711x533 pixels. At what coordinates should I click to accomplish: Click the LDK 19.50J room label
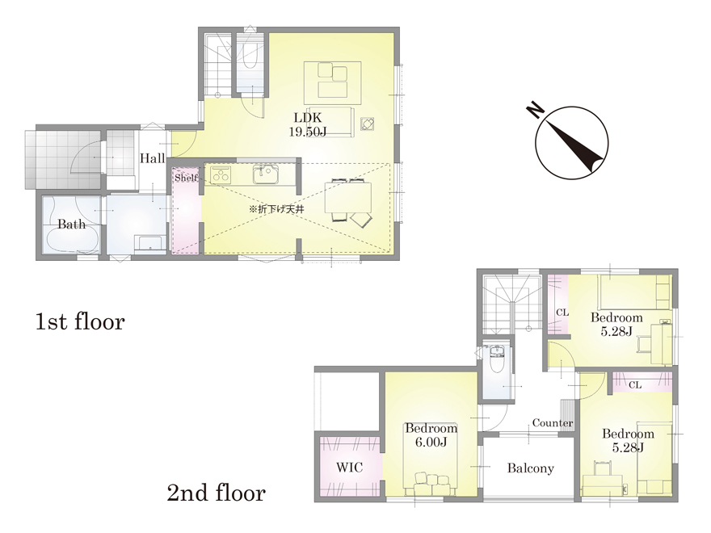pos(308,124)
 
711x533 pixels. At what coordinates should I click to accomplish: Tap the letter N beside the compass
pos(536,110)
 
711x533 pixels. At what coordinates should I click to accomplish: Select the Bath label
pos(72,225)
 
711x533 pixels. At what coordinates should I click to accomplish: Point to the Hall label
pos(153,158)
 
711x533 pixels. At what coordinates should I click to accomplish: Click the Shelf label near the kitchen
pos(187,178)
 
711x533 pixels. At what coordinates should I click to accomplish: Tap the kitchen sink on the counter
pos(266,175)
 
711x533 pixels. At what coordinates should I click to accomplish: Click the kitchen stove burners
pos(221,174)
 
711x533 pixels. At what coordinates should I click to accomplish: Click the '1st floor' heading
pos(80,321)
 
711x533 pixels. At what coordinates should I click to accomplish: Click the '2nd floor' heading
pos(217,493)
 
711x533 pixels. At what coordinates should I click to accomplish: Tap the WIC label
pos(350,467)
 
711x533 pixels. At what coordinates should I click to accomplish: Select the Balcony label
pos(531,468)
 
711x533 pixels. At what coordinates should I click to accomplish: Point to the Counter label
pos(553,423)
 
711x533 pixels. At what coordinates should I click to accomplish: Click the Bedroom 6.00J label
pos(431,434)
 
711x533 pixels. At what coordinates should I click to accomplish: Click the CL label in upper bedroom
pos(562,313)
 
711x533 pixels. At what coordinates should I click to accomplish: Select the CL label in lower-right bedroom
pos(635,384)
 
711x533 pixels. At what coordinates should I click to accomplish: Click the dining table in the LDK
pos(348,197)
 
